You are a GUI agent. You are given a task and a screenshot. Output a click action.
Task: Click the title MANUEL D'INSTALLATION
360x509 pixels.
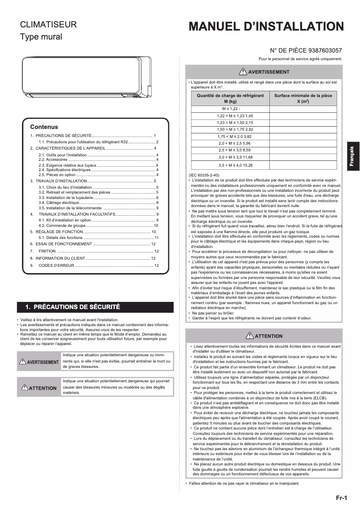(266, 27)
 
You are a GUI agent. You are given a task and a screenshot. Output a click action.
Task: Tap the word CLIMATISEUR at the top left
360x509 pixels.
(48, 25)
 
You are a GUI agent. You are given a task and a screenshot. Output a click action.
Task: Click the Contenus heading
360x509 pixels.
(44, 127)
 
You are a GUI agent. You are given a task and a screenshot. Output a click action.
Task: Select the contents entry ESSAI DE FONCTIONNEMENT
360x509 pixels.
(64, 243)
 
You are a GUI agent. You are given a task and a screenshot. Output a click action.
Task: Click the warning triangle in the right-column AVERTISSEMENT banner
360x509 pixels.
(243, 71)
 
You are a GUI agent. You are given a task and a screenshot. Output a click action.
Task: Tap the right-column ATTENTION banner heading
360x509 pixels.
(264, 336)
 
